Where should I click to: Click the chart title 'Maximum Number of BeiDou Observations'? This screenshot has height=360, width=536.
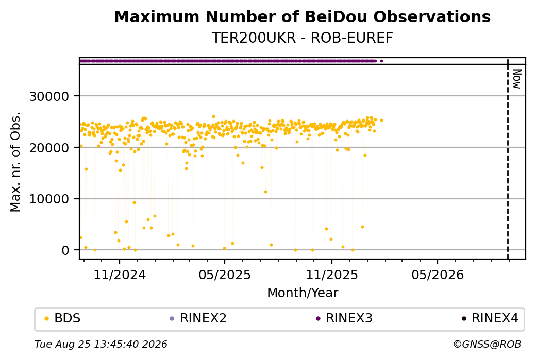pyautogui.click(x=302, y=16)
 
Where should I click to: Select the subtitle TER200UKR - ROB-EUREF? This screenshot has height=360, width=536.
pyautogui.click(x=302, y=38)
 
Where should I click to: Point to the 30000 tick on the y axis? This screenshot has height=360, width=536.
pyautogui.click(x=49, y=97)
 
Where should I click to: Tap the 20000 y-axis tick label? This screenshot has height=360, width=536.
pyautogui.click(x=49, y=148)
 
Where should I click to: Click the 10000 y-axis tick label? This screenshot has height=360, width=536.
pyautogui.click(x=49, y=199)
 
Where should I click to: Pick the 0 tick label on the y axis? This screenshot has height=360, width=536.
pyautogui.click(x=65, y=250)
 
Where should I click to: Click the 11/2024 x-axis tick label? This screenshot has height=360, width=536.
pyautogui.click(x=120, y=275)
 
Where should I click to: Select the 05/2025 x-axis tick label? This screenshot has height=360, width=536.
pyautogui.click(x=225, y=275)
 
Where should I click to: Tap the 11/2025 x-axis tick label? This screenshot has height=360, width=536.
pyautogui.click(x=331, y=275)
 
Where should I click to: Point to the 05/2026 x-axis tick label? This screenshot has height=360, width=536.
pyautogui.click(x=438, y=275)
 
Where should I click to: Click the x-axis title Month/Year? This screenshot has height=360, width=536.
pyautogui.click(x=303, y=293)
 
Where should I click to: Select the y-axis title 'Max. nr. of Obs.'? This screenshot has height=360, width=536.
pyautogui.click(x=15, y=162)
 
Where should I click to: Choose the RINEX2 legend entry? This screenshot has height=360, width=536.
pyautogui.click(x=198, y=318)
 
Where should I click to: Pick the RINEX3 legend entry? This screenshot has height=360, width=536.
pyautogui.click(x=344, y=318)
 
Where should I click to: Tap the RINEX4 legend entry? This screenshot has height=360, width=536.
pyautogui.click(x=490, y=318)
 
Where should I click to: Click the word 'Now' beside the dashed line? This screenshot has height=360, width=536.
pyautogui.click(x=517, y=79)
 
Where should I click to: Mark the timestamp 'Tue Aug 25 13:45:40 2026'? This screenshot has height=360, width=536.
pyautogui.click(x=101, y=344)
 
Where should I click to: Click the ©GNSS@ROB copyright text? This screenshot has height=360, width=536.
pyautogui.click(x=487, y=344)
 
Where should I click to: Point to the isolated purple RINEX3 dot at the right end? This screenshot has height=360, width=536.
pyautogui.click(x=381, y=61)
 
